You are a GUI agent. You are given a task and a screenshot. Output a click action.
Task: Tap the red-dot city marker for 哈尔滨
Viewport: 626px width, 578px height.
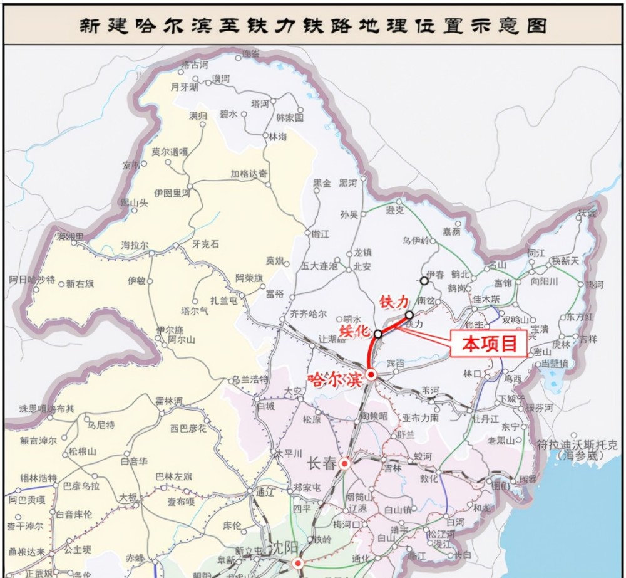coord(371,375)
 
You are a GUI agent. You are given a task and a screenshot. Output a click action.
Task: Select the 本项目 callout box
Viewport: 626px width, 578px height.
coord(493,344)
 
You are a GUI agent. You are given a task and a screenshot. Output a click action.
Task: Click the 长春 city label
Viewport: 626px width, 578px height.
coord(322,464)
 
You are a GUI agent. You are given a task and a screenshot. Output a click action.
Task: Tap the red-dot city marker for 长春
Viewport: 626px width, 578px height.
coord(344,464)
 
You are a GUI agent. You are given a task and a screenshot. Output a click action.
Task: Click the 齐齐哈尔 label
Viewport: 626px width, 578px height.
coord(309,313)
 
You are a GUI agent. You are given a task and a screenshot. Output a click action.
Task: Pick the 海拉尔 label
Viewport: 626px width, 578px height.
coord(135,245)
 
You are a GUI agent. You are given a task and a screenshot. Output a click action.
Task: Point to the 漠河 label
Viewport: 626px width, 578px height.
coord(220,78)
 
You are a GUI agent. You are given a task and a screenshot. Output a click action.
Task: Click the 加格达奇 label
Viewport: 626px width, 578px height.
coord(249,173)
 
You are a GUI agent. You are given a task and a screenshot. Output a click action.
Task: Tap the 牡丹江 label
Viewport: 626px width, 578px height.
coord(485,418)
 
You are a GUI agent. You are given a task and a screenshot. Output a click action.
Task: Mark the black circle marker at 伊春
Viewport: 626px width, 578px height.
coord(424,281)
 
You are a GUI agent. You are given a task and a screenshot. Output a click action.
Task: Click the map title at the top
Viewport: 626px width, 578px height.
coord(312,25)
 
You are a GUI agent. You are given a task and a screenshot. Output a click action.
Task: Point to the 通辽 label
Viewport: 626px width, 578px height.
coord(265,493)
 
